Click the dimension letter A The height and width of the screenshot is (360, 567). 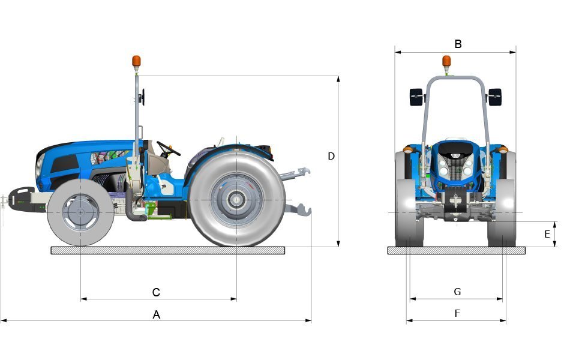click(157, 314)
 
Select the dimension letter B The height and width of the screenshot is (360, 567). click(458, 44)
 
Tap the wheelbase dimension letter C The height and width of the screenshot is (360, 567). click(156, 293)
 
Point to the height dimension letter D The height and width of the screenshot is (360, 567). click(331, 156)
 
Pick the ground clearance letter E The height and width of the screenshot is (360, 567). click(547, 234)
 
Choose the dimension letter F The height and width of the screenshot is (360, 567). click(457, 313)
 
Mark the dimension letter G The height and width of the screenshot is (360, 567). click(457, 292)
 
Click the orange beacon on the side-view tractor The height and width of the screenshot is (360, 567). click(136, 61)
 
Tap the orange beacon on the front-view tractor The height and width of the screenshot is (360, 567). click(446, 61)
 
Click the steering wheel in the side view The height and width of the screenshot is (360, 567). click(168, 148)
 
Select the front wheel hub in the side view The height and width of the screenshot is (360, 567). click(80, 212)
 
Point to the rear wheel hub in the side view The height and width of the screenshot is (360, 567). click(237, 200)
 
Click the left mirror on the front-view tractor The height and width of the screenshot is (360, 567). click(416, 97)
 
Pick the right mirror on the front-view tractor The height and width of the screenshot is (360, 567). click(494, 97)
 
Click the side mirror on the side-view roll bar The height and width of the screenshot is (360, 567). click(143, 97)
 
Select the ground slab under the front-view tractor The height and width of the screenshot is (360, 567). click(456, 250)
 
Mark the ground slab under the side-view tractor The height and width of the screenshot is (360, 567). click(168, 250)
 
